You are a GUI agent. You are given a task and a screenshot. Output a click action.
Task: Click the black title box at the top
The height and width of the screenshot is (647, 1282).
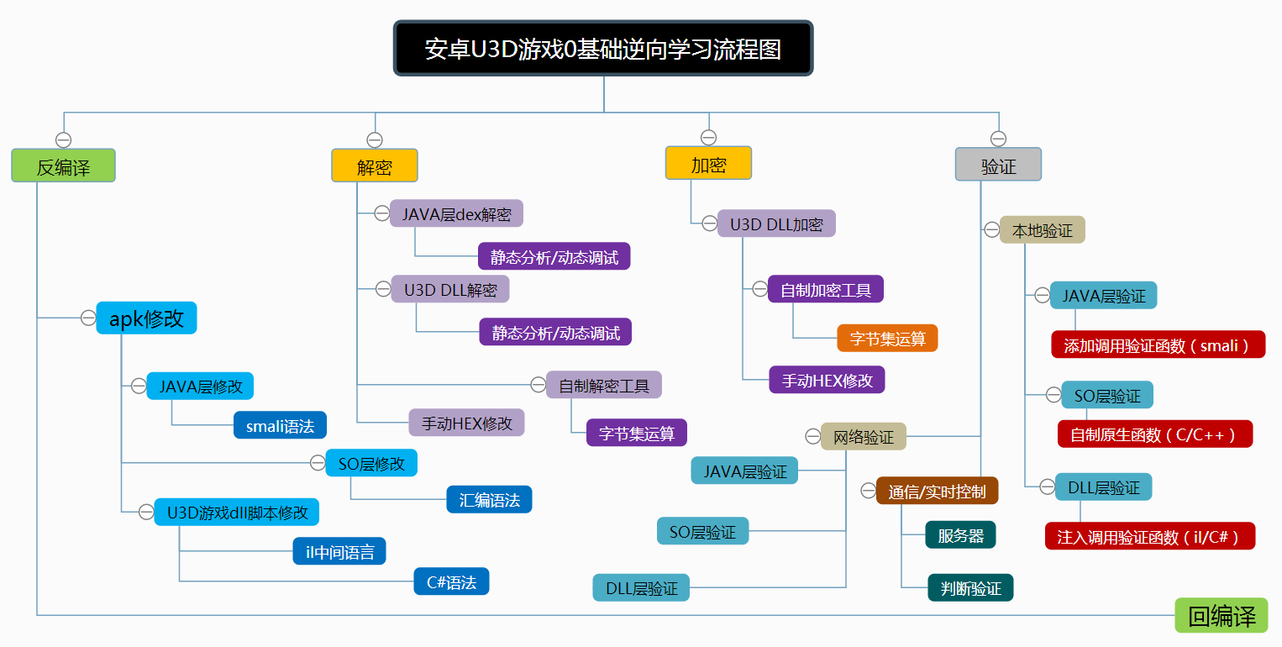click(x=603, y=49)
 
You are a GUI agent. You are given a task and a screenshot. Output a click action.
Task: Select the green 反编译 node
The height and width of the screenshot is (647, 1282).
click(x=63, y=166)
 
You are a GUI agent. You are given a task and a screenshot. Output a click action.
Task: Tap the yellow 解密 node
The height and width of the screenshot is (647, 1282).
click(x=375, y=166)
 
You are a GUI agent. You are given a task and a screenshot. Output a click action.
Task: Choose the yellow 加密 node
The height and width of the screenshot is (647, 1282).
click(x=708, y=164)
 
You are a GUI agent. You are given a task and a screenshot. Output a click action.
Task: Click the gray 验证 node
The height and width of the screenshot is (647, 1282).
click(x=998, y=166)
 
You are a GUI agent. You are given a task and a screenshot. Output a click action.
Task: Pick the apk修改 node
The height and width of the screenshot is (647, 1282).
click(x=146, y=318)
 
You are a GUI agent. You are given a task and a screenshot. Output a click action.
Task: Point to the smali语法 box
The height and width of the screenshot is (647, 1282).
click(x=280, y=426)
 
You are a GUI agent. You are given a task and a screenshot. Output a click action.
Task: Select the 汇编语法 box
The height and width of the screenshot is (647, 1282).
click(x=489, y=500)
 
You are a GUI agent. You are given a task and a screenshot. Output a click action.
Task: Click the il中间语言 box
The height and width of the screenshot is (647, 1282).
click(x=339, y=551)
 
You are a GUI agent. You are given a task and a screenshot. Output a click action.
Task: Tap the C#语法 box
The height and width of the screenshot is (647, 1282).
click(x=451, y=581)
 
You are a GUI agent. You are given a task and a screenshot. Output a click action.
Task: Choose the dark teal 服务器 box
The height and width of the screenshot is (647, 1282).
click(x=960, y=535)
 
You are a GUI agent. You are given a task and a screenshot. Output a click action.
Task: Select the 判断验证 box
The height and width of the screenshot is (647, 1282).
click(x=970, y=588)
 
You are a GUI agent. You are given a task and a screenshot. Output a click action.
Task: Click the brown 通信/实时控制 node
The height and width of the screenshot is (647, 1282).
click(x=937, y=491)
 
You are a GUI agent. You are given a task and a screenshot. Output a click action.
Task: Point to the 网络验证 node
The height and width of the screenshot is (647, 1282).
click(x=863, y=437)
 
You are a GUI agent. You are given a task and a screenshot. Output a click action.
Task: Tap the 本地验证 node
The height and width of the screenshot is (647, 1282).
click(x=1042, y=230)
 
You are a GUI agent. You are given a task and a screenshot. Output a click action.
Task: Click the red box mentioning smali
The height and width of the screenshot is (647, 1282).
click(x=1158, y=345)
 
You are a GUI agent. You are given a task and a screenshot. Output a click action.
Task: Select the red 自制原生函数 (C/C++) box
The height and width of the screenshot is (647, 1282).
click(x=1154, y=434)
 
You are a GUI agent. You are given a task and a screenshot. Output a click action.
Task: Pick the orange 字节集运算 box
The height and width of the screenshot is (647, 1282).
click(x=887, y=339)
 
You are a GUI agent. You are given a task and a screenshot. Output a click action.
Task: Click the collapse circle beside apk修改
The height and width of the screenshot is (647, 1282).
click(x=87, y=318)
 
